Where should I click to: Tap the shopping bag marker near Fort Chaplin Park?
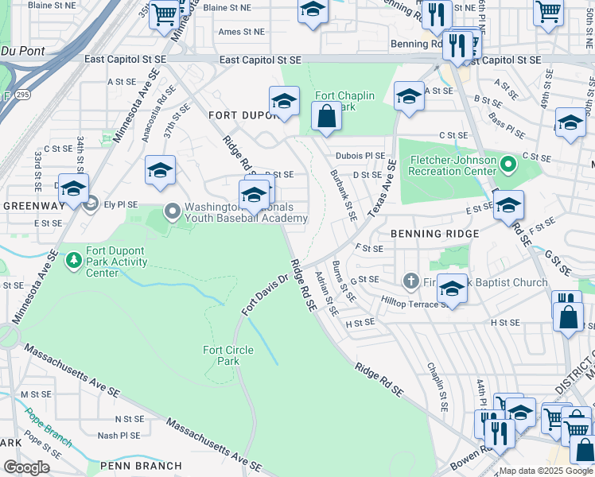(326, 117)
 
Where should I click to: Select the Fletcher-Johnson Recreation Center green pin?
(510, 165)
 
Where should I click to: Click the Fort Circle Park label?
(221, 355)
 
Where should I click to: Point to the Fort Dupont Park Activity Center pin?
(74, 259)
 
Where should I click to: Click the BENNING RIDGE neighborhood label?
(434, 234)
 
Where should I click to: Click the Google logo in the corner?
(26, 467)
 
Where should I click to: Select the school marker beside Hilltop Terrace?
(452, 289)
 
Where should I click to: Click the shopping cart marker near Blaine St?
(165, 14)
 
